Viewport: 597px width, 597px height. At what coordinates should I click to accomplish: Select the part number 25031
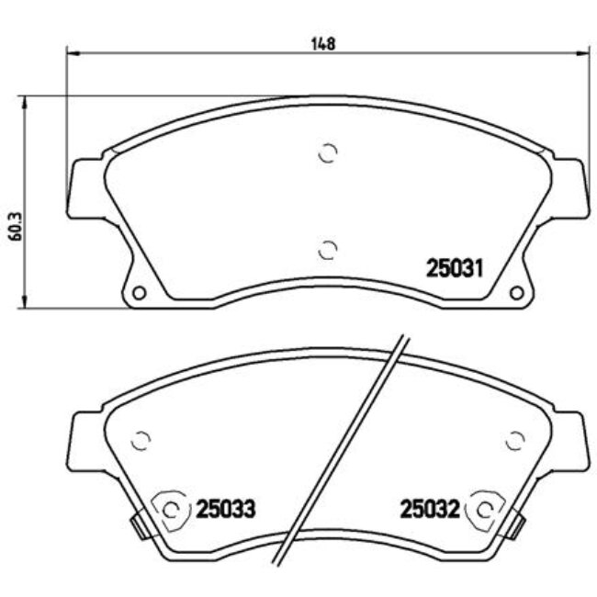(x=455, y=268)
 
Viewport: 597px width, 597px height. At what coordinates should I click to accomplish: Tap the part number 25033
(x=225, y=508)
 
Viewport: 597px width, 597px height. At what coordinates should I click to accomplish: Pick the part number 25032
(x=429, y=508)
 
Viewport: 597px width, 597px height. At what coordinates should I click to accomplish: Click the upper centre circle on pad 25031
(x=327, y=153)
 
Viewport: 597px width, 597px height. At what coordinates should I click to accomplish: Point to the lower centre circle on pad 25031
(x=327, y=248)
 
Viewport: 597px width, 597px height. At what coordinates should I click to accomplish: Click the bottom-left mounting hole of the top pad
(x=140, y=293)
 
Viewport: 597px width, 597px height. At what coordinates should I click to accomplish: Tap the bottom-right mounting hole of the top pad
(x=515, y=293)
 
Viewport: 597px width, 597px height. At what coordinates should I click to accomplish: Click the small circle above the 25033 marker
(x=141, y=441)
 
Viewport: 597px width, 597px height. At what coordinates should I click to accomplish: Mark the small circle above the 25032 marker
(x=513, y=441)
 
